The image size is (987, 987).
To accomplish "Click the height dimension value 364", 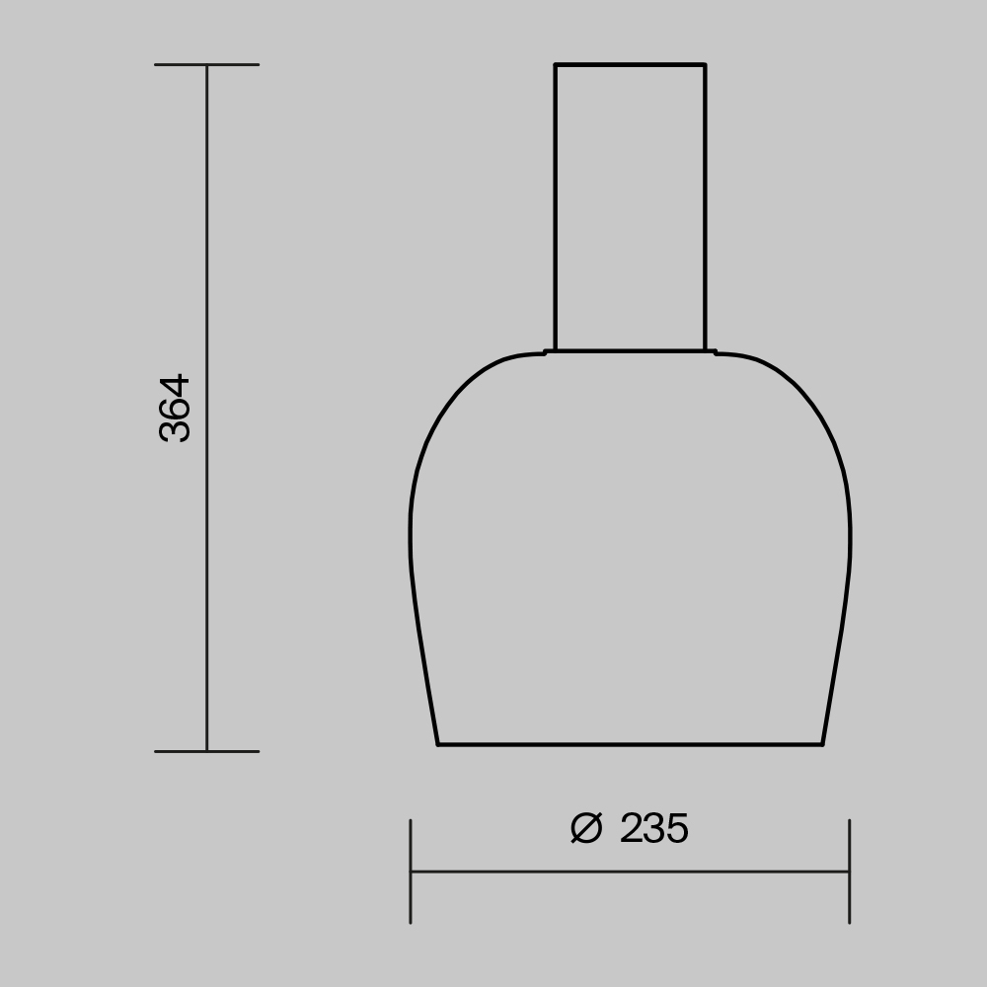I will pyautogui.click(x=175, y=407).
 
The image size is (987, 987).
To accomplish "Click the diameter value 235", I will pyautogui.click(x=653, y=829).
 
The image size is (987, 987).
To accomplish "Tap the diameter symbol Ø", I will pyautogui.click(x=585, y=829).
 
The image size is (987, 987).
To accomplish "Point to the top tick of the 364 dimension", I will pyautogui.click(x=206, y=65).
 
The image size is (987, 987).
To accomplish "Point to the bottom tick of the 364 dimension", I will pyautogui.click(x=206, y=751).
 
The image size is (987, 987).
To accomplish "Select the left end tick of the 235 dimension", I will pyautogui.click(x=411, y=871).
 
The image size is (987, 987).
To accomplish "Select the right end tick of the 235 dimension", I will pyautogui.click(x=849, y=871).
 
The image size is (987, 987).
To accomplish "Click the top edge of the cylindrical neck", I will pyautogui.click(x=630, y=65).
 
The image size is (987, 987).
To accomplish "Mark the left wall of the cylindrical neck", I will pyautogui.click(x=555, y=207).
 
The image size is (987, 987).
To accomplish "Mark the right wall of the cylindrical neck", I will pyautogui.click(x=705, y=207).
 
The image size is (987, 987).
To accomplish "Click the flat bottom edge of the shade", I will pyautogui.click(x=630, y=744).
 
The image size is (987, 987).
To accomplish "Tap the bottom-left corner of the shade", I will pyautogui.click(x=438, y=744).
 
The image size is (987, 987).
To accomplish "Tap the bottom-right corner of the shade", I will pyautogui.click(x=822, y=744).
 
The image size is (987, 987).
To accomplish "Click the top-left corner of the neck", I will pyautogui.click(x=555, y=65).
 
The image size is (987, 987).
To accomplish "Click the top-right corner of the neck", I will pyautogui.click(x=705, y=65).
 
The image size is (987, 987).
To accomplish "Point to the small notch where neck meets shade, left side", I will pyautogui.click(x=547, y=351).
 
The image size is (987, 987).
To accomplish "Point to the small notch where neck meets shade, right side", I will pyautogui.click(x=714, y=351).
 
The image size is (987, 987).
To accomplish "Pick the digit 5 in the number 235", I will pyautogui.click(x=676, y=829).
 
